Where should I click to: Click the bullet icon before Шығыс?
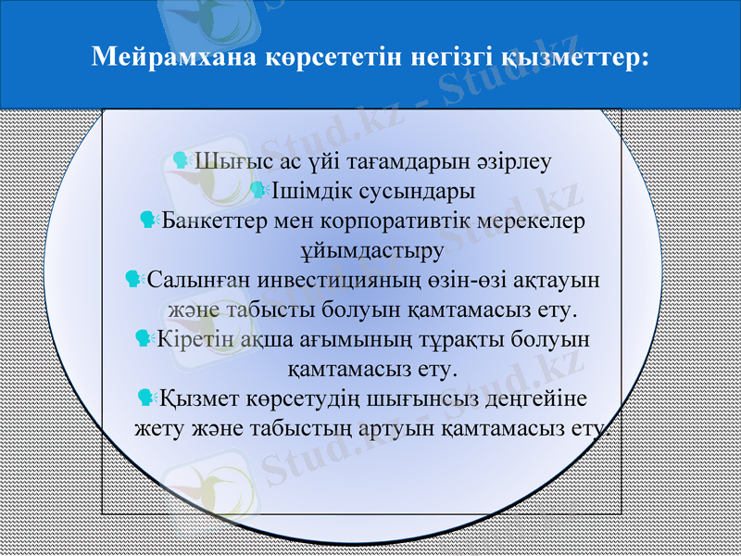[182, 161]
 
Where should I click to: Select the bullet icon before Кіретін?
[144, 339]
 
